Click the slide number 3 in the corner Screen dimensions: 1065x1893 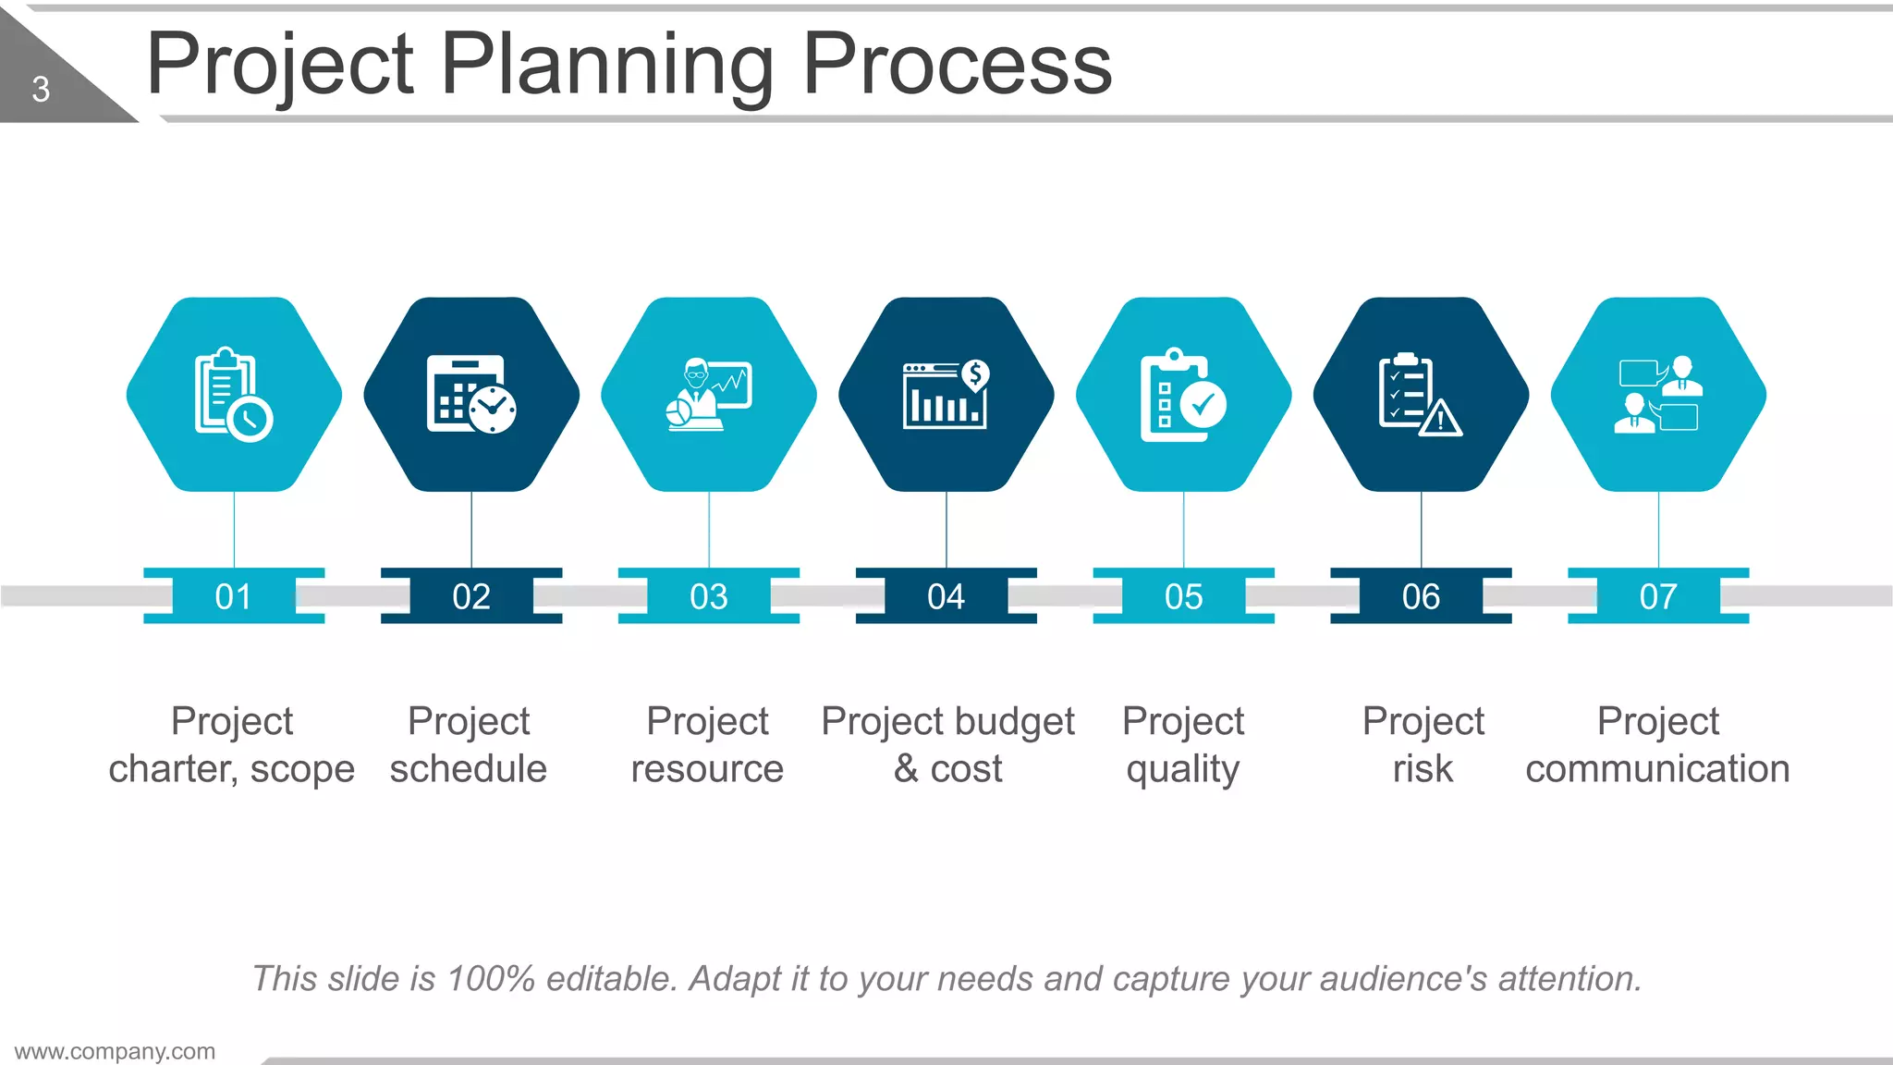(x=41, y=90)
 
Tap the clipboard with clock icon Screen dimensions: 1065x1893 (x=233, y=395)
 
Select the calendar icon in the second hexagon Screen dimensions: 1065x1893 (x=470, y=395)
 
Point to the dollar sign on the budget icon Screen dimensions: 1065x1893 (x=975, y=374)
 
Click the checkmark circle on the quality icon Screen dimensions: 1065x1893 (x=1203, y=404)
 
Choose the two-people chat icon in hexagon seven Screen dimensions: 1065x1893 (x=1659, y=395)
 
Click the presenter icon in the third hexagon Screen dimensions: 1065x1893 (x=708, y=395)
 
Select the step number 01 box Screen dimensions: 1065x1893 (x=233, y=596)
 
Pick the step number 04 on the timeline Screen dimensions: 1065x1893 (x=946, y=596)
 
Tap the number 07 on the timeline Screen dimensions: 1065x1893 (x=1658, y=596)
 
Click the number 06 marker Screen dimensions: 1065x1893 (x=1421, y=596)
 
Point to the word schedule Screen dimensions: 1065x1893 (x=469, y=769)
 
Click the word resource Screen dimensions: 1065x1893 (x=707, y=769)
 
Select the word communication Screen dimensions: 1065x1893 (x=1657, y=769)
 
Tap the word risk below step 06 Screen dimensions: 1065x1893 (x=1423, y=769)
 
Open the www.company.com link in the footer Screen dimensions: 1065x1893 (x=115, y=1051)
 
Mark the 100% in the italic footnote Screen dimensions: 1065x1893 (x=490, y=978)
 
